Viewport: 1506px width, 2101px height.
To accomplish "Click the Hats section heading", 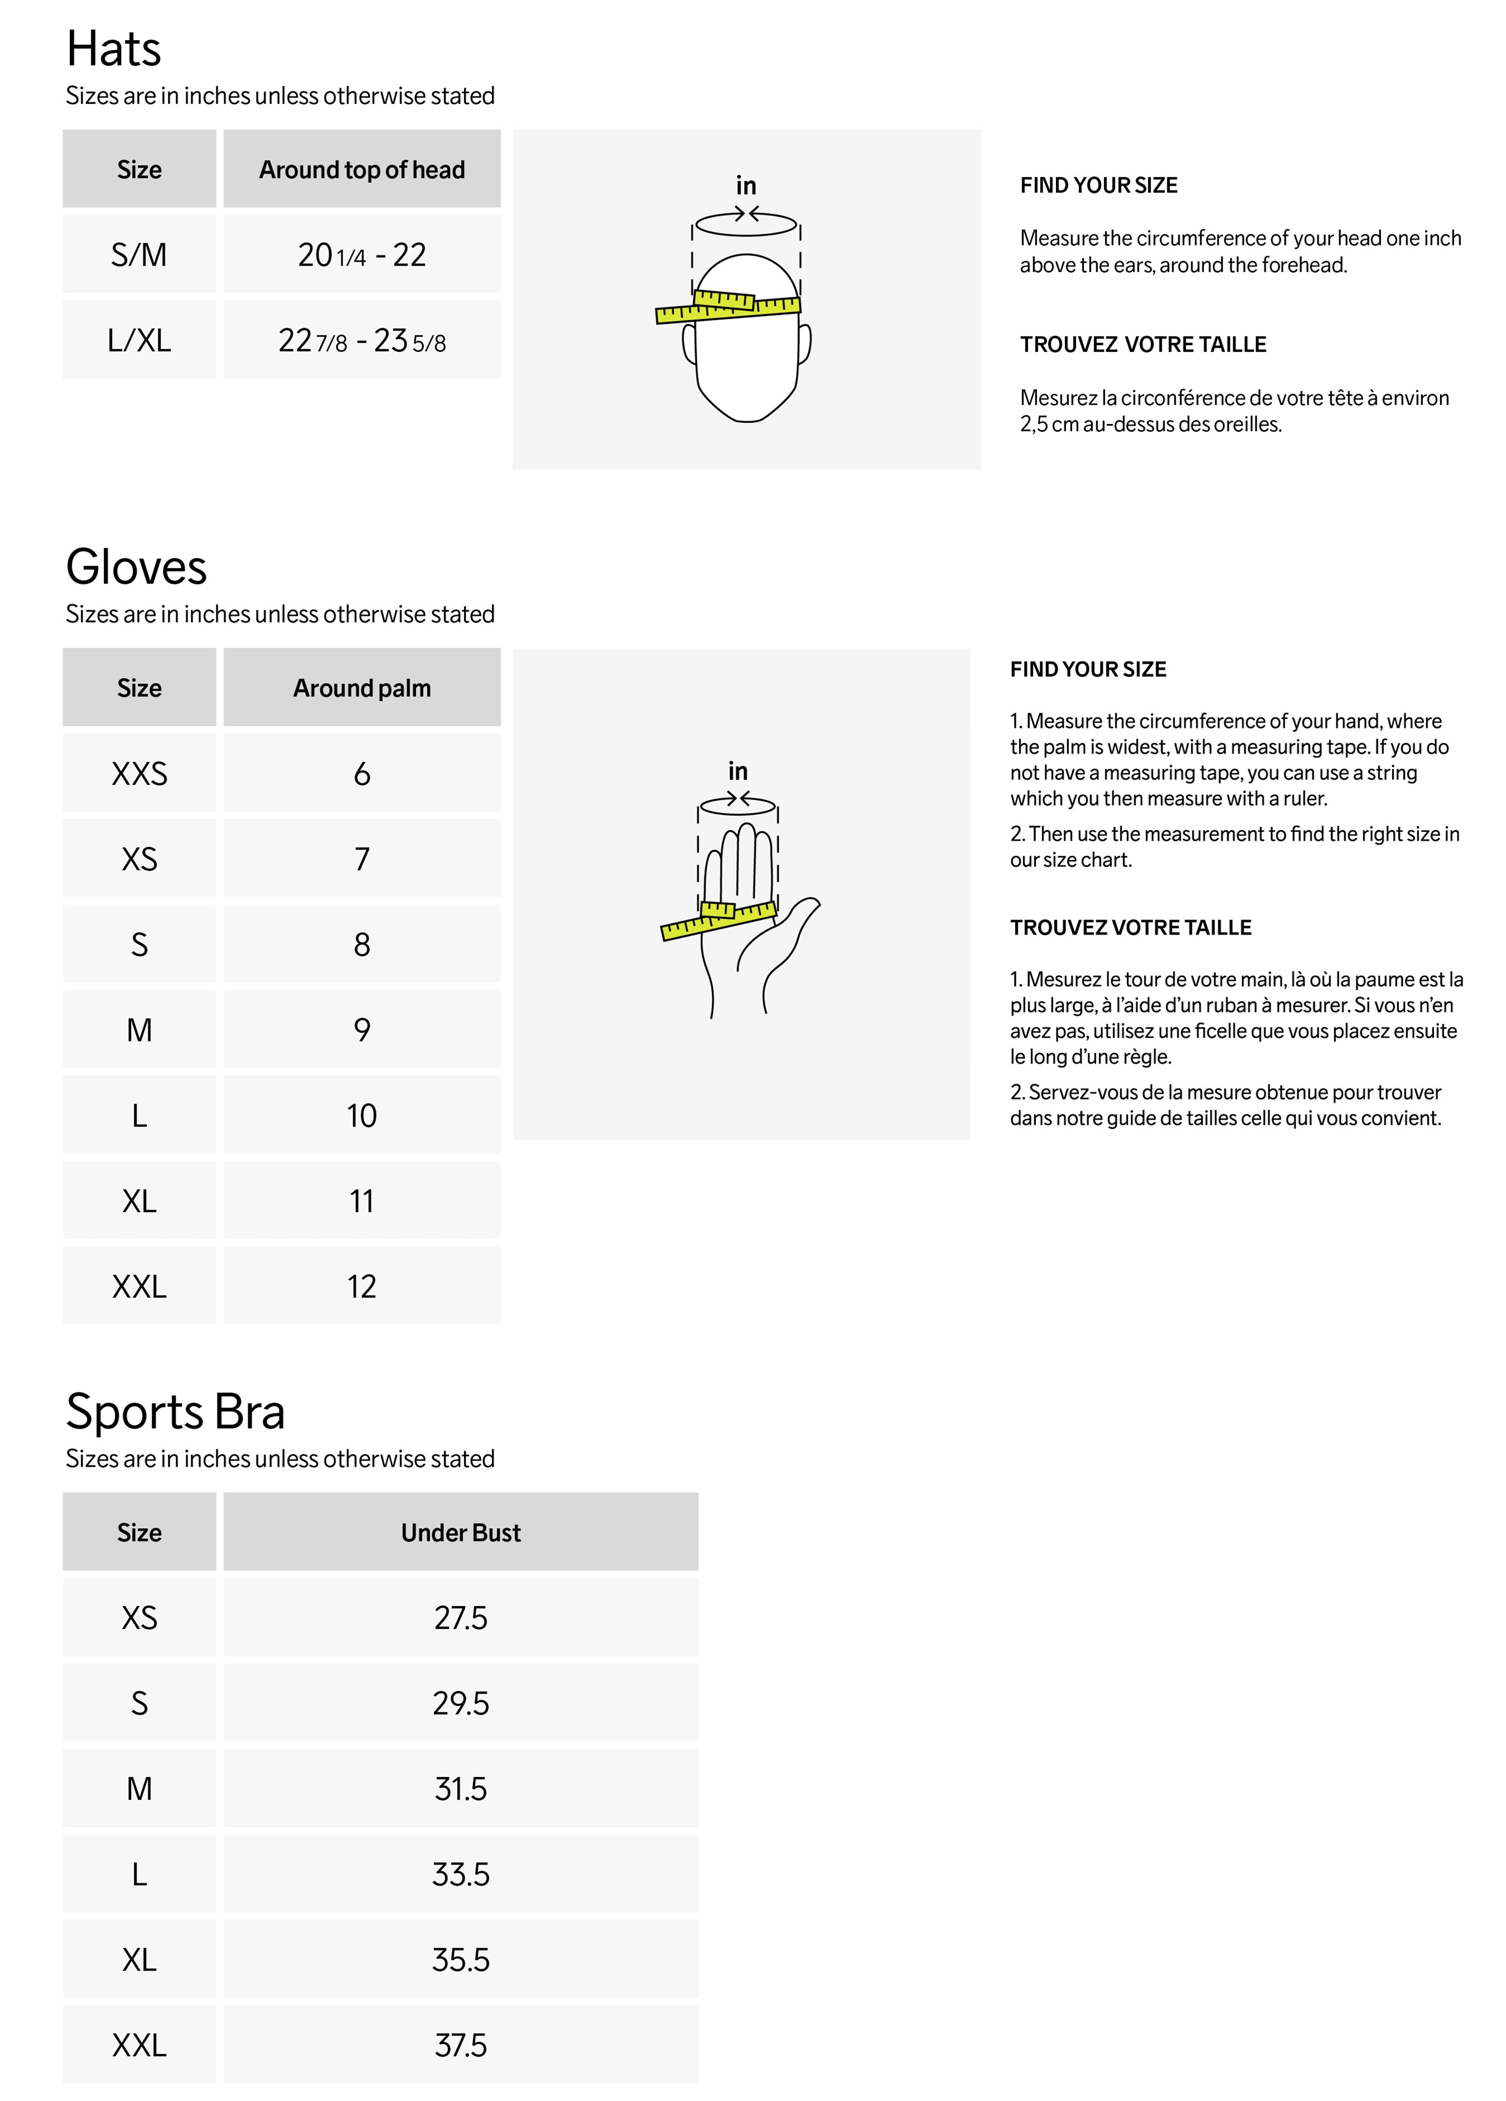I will click(x=113, y=49).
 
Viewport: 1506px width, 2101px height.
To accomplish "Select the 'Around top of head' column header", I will click(x=361, y=170).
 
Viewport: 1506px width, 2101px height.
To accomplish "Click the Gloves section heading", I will click(x=136, y=567).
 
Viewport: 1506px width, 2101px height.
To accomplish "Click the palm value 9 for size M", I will click(x=361, y=1030).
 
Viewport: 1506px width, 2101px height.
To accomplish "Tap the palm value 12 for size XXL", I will click(x=361, y=1286).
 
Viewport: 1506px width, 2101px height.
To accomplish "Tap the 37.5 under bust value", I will click(x=460, y=2045).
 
